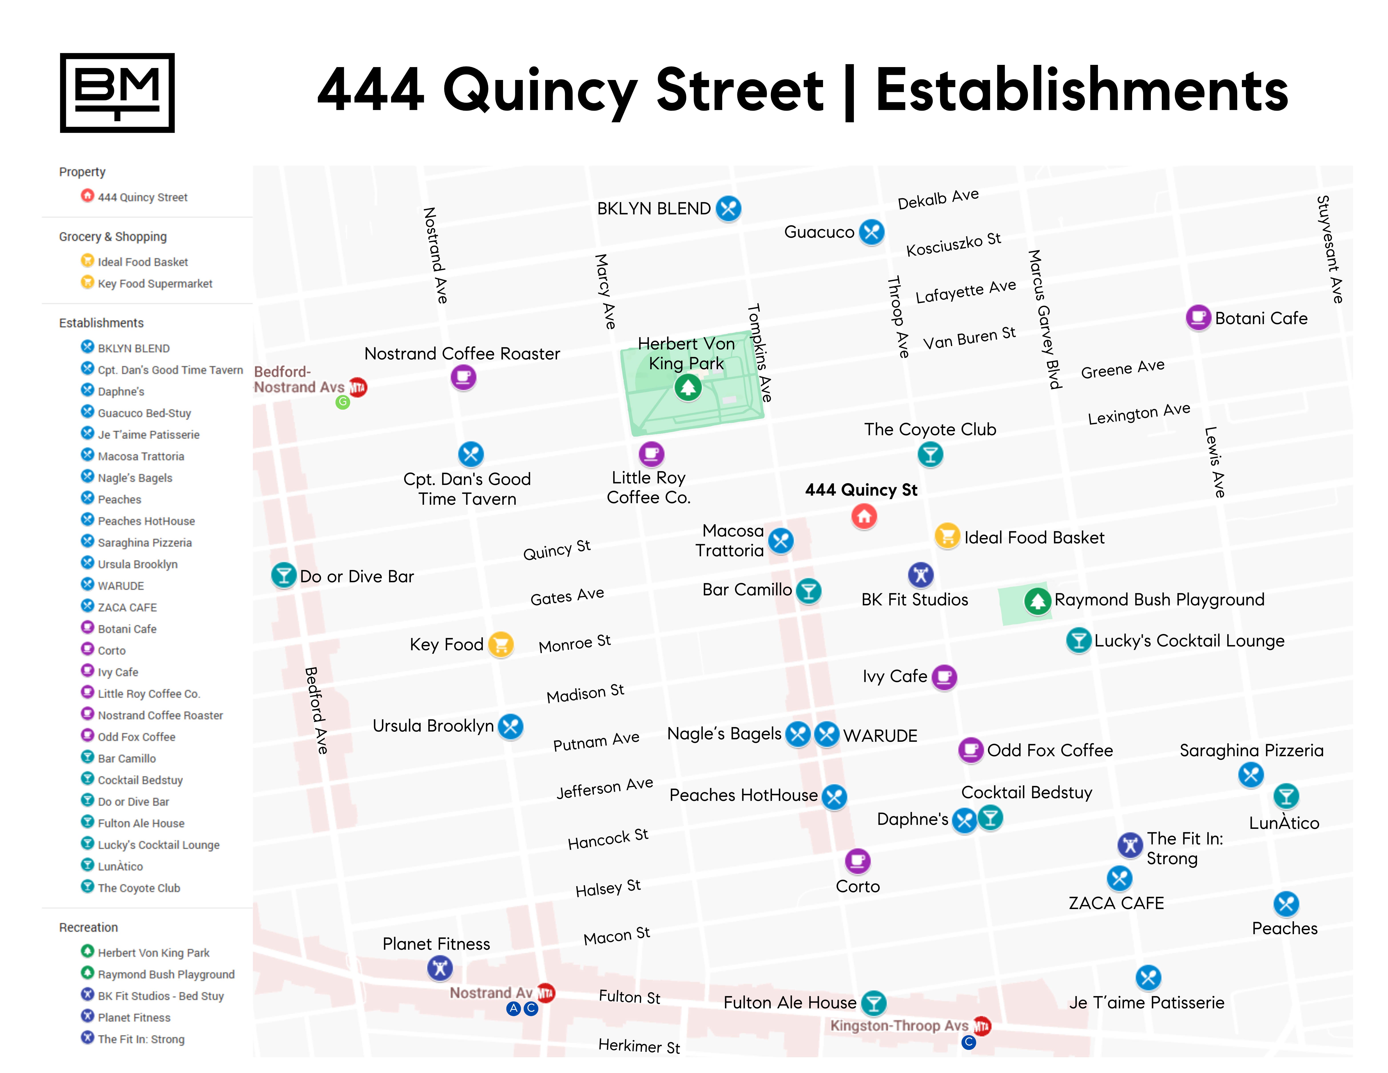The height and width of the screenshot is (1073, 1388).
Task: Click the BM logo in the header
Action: [117, 93]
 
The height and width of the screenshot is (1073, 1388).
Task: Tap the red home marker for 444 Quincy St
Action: [864, 516]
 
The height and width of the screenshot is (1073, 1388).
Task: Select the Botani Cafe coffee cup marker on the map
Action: [1198, 317]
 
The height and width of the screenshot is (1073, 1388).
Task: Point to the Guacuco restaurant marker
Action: [871, 232]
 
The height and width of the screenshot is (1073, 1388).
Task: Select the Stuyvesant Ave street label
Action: [1329, 249]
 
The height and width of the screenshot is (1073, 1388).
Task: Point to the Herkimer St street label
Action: [639, 1046]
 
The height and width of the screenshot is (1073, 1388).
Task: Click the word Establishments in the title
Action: [1082, 90]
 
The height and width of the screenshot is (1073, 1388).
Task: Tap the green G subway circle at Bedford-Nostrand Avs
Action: [342, 402]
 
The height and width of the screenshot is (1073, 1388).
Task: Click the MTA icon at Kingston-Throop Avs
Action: [982, 1025]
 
